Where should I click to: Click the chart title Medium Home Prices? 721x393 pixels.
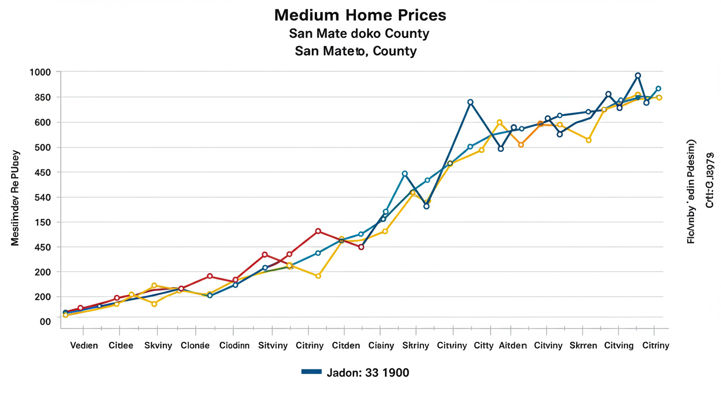click(360, 15)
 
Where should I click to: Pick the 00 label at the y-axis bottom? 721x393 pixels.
click(46, 321)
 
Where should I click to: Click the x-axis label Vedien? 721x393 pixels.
click(83, 345)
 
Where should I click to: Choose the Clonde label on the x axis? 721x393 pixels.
click(195, 345)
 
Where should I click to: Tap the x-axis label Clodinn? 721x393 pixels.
click(234, 345)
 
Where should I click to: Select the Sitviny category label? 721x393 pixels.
click(273, 345)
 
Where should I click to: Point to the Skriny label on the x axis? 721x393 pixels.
click(415, 345)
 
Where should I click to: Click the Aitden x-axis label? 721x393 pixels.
click(513, 345)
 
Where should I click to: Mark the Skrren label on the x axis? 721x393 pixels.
click(583, 345)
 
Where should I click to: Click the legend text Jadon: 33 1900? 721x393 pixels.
click(367, 373)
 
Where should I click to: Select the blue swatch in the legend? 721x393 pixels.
click(311, 372)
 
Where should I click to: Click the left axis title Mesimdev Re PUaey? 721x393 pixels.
click(15, 198)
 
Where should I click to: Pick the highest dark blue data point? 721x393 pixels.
click(638, 76)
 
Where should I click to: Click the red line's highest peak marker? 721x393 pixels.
click(318, 231)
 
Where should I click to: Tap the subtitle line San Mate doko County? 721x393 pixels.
click(358, 34)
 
